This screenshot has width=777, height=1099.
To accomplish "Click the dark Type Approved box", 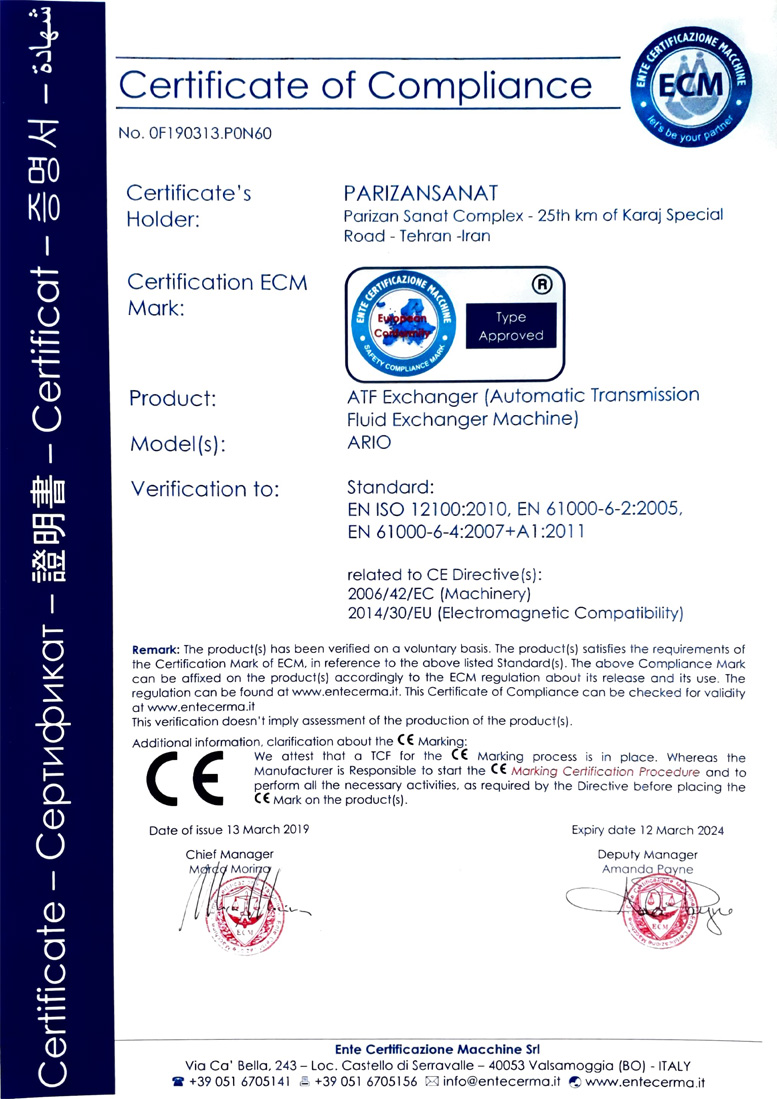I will (x=510, y=326).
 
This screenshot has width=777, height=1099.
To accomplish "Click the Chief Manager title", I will (x=229, y=853).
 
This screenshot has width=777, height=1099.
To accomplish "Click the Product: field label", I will (x=173, y=399).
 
